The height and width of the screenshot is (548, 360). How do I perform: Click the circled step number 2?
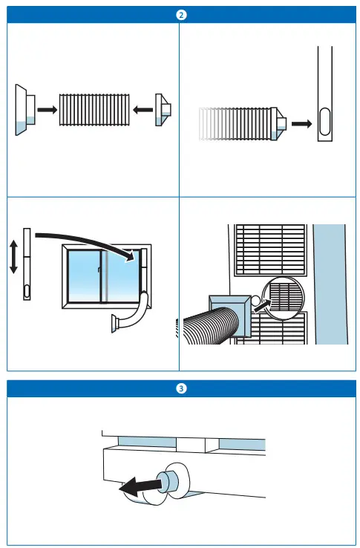180,14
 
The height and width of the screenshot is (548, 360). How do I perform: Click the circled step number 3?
180,389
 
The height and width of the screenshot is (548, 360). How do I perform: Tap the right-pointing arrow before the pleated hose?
47,109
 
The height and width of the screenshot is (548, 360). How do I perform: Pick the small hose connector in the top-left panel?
163,110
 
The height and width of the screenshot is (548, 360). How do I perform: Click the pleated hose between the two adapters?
94,110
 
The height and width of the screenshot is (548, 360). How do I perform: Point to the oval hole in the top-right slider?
325,123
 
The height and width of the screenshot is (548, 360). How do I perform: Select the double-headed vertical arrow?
13,265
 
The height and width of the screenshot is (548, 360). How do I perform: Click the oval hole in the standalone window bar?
27,290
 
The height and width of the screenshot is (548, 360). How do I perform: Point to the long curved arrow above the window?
85,239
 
